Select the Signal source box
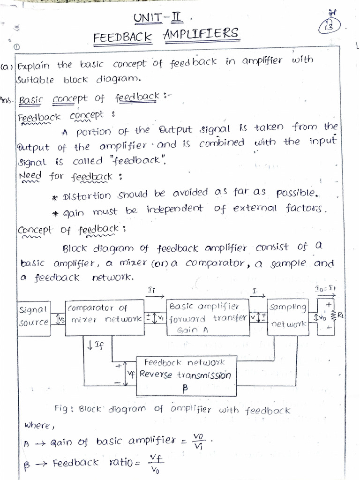coord(34,316)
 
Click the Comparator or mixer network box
coord(105,317)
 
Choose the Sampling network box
coord(288,316)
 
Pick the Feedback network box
coord(184,375)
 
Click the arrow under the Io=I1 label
coord(326,296)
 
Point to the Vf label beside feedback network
coord(131,375)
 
